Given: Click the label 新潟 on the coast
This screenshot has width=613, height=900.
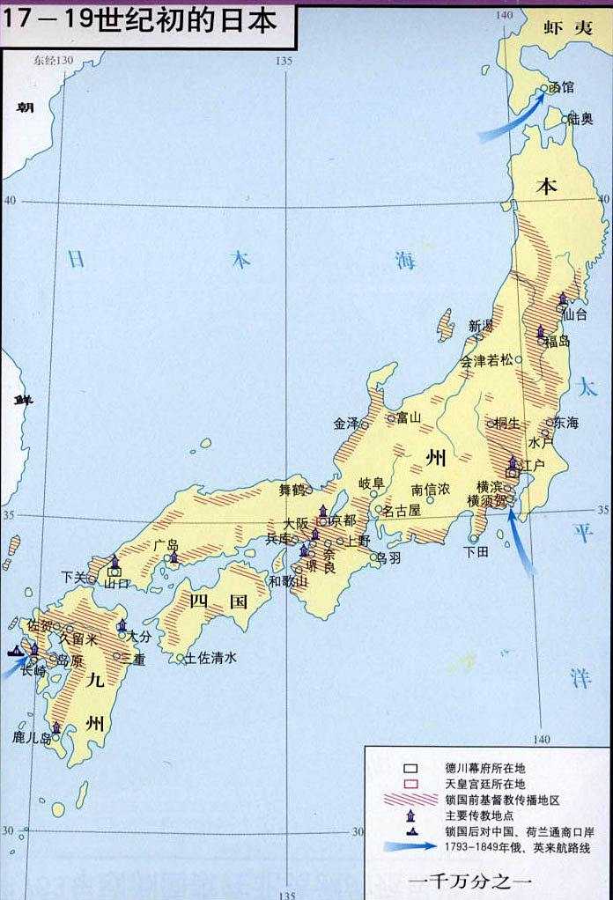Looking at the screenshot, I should click(481, 326).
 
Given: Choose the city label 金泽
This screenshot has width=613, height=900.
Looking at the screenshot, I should click(346, 423).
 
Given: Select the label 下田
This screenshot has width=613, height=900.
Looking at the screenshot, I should click(476, 551).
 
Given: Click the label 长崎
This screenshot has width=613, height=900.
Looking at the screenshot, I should click(33, 670).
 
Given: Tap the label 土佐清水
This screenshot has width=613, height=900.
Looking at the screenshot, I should click(210, 658).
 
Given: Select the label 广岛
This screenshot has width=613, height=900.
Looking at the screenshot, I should click(166, 545).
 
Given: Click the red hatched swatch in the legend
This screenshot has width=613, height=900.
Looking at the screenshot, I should click(411, 798).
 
